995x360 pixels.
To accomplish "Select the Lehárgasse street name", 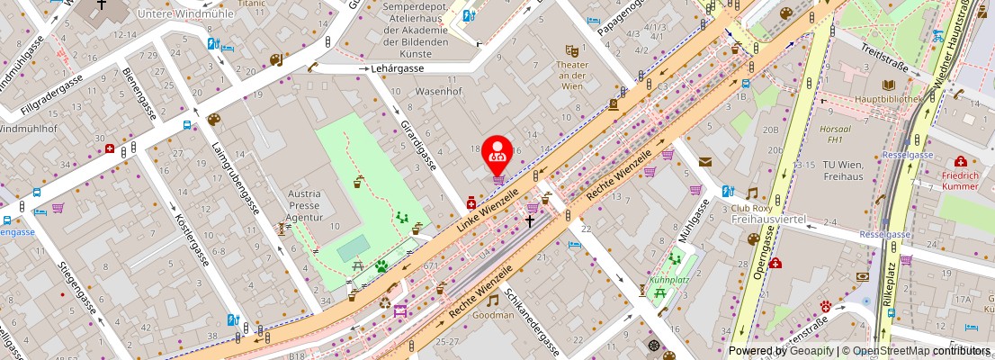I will [x=400, y=67].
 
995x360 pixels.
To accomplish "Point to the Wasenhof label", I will [x=438, y=91].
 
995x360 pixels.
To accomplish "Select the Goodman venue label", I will [x=518, y=315].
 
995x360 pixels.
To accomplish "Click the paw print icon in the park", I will [x=381, y=265].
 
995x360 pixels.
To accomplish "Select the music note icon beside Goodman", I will [x=492, y=301].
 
